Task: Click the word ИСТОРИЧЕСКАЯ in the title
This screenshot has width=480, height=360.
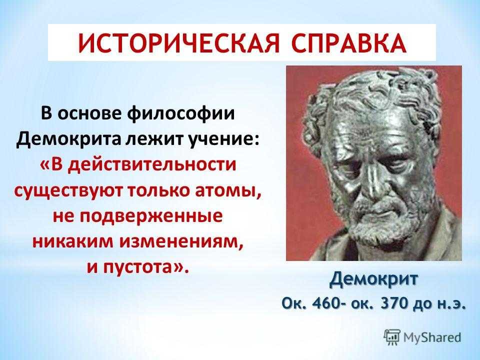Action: tap(179, 43)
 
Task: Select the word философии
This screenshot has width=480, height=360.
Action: tap(180, 114)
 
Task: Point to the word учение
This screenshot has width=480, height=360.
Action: tap(222, 139)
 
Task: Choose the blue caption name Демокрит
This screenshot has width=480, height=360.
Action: tap(373, 279)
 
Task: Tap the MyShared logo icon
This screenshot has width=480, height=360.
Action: tap(392, 337)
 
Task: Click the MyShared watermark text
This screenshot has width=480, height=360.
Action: tap(432, 337)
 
